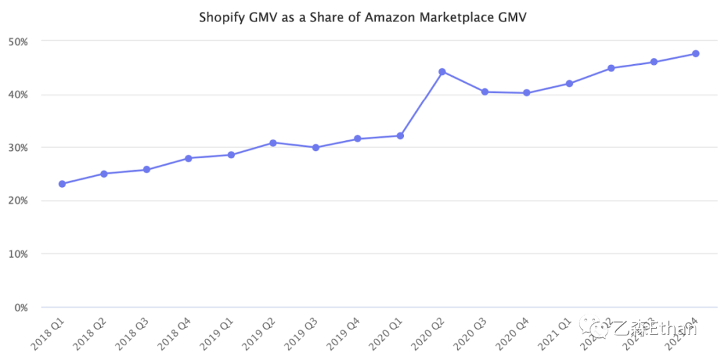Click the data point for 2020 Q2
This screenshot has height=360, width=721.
(x=442, y=71)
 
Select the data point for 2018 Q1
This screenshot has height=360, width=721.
(x=62, y=184)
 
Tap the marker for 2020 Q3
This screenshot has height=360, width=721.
(x=485, y=92)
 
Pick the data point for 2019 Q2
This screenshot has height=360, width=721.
(x=273, y=143)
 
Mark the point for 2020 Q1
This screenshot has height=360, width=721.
(x=400, y=136)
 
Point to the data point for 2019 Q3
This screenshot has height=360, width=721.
(x=315, y=148)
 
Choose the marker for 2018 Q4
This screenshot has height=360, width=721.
(x=189, y=158)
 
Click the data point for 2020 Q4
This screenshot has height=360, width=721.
(x=527, y=93)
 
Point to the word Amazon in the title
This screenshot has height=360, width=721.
(x=387, y=17)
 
